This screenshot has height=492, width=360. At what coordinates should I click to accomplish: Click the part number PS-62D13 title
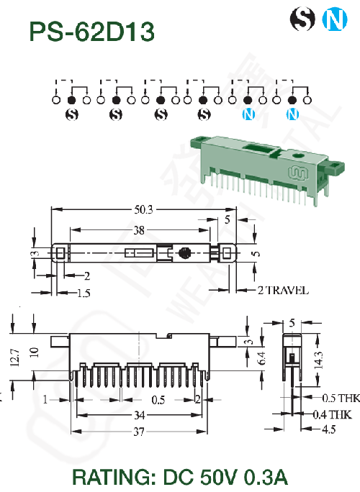tap(91, 32)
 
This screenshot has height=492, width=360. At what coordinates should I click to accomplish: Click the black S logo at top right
tap(302, 19)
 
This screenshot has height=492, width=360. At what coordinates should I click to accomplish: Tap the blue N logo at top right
tap(335, 19)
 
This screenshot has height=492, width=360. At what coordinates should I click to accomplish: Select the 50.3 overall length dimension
tap(143, 209)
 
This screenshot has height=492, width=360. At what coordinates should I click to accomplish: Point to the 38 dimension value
tap(139, 231)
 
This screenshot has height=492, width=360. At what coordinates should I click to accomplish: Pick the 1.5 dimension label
tap(84, 293)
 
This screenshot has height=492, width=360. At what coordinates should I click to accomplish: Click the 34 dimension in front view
tap(140, 415)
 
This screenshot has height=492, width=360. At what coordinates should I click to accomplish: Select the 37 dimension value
tap(139, 432)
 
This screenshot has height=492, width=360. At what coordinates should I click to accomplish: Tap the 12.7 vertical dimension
tap(15, 357)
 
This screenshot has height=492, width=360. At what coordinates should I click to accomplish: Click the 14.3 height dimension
tap(318, 360)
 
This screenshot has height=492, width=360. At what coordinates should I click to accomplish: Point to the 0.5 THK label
tap(341, 398)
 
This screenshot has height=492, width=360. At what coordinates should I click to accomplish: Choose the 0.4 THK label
tap(332, 415)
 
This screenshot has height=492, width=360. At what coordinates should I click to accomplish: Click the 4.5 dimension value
tap(329, 429)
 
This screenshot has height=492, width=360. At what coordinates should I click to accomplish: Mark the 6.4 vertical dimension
tap(261, 358)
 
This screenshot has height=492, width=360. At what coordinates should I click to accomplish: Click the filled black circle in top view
tap(185, 253)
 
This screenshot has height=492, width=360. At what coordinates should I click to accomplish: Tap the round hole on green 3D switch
tap(297, 155)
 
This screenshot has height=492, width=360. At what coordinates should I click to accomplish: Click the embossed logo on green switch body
tap(298, 173)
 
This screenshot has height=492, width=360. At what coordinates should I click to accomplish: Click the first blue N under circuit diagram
tap(248, 114)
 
